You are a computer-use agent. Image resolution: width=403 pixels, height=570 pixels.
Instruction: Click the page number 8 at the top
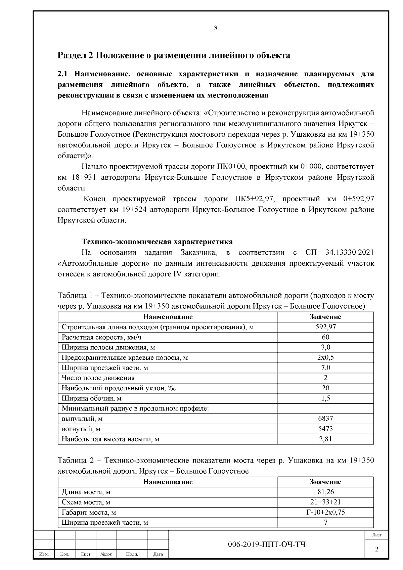tap(216, 28)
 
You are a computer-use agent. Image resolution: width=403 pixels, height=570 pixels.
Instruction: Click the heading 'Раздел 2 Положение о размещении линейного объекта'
tap(174, 55)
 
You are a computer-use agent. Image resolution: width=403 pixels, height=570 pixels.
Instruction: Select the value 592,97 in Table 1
tap(325, 327)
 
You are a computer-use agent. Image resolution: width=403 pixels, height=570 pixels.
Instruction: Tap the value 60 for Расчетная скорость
tap(325, 337)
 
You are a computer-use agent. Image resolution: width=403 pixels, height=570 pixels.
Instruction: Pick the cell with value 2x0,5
tap(325, 357)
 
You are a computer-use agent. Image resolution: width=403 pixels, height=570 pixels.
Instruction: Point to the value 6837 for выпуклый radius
tap(325, 419)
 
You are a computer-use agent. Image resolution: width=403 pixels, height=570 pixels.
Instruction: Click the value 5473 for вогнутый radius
tap(325, 429)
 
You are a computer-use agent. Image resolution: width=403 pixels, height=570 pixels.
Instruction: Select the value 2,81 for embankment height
tap(325, 439)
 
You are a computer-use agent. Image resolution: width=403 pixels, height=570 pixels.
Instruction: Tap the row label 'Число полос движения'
tap(98, 378)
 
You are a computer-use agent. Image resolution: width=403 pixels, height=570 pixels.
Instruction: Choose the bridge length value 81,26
tap(325, 492)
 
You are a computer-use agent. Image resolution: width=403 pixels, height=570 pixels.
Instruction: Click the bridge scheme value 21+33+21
tap(325, 502)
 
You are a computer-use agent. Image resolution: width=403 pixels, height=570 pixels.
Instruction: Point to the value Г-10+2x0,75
tap(325, 512)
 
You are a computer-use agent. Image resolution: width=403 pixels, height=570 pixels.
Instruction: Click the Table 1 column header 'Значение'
tap(325, 317)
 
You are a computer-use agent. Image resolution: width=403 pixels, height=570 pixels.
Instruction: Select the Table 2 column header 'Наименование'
tap(168, 482)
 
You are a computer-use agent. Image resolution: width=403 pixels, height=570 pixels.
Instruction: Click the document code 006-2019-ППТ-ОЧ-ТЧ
tap(267, 545)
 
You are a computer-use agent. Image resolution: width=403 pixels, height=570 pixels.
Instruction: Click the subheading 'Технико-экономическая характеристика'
tap(157, 242)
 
